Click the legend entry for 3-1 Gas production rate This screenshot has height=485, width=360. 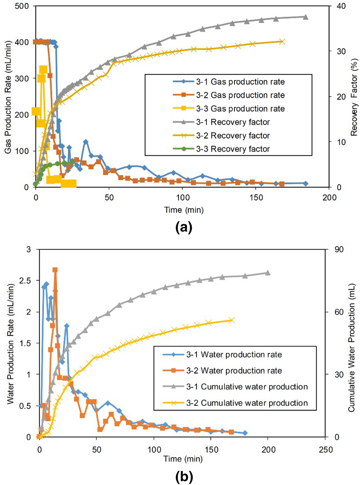pos(240,82)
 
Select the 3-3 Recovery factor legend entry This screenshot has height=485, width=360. pos(233,149)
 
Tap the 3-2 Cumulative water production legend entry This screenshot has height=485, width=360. pos(247,403)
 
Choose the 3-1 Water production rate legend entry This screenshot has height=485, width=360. pos(234,355)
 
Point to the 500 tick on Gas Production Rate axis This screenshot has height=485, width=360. pos(22,6)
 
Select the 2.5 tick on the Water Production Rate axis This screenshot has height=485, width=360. pos(26,280)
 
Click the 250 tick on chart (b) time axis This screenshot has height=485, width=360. pos(326,450)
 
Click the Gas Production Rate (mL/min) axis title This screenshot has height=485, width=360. pos(8,97)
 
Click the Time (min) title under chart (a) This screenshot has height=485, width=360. pos(184,210)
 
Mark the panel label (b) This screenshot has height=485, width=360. pos(184,477)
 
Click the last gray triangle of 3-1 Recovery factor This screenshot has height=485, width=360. pos(305,17)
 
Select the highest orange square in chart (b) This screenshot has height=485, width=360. pos(55,270)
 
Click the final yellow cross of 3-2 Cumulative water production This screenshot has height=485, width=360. pos(232,320)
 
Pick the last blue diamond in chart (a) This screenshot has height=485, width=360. pos(305,183)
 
